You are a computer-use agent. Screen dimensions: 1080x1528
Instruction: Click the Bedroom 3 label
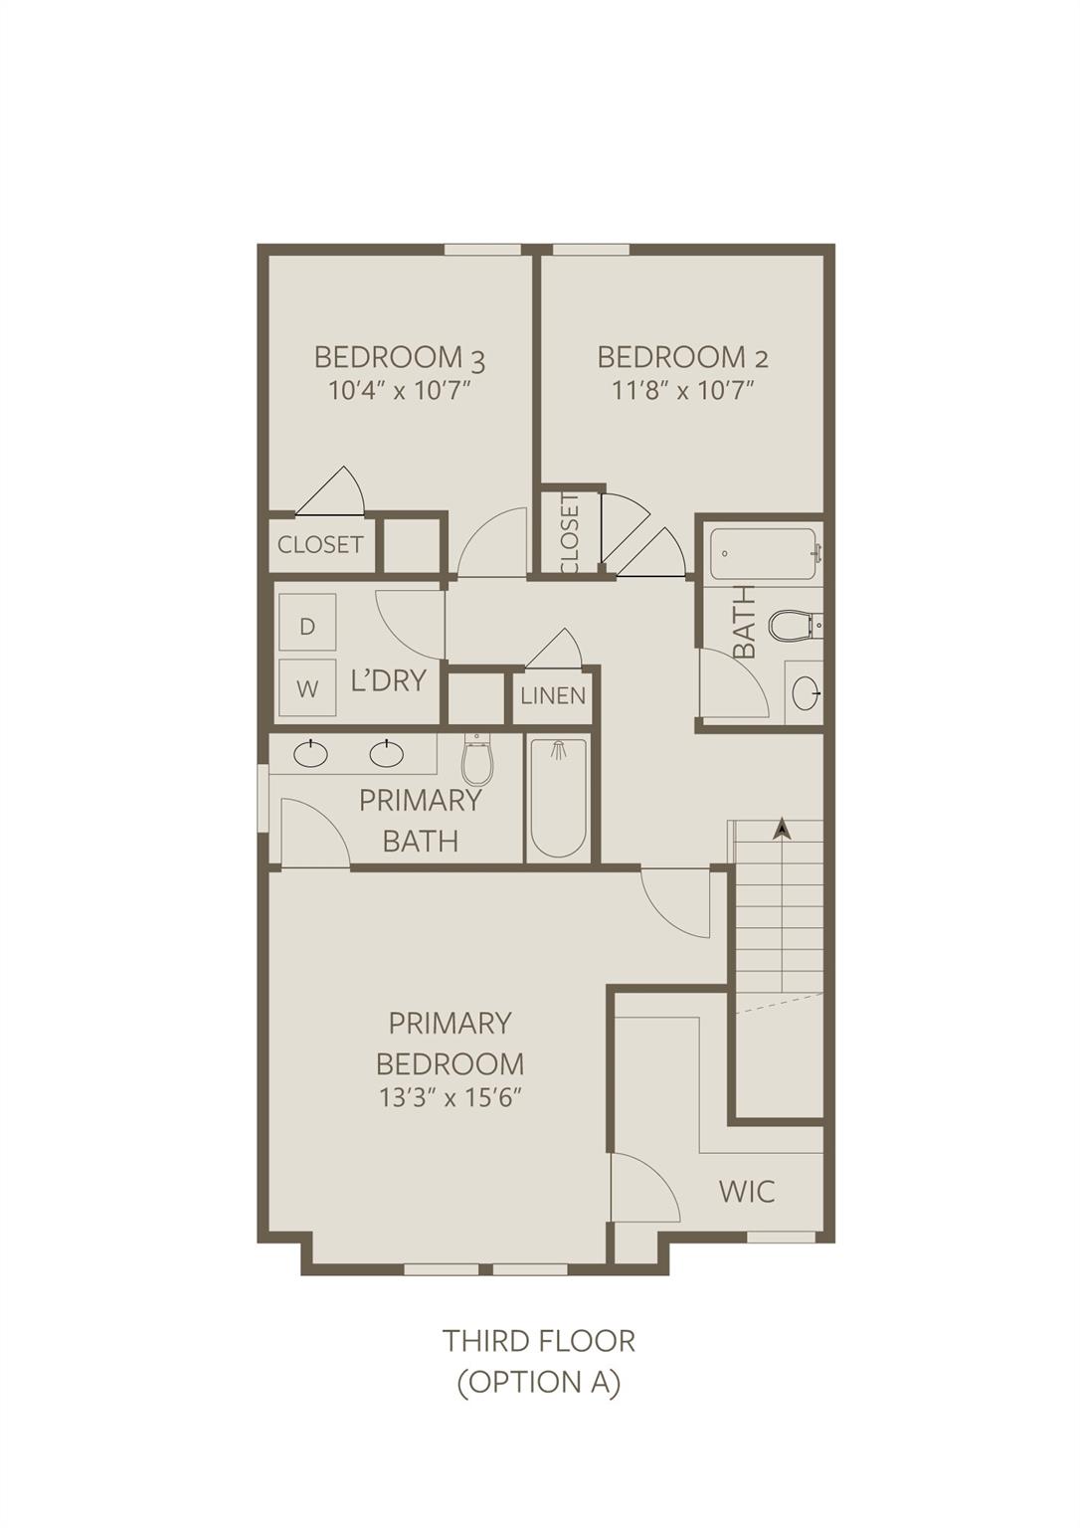point(400,357)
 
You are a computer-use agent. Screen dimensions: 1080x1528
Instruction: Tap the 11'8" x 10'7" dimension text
point(683,392)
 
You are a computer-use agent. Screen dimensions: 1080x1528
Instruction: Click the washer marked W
point(307,687)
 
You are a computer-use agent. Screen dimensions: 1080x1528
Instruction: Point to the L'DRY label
point(388,680)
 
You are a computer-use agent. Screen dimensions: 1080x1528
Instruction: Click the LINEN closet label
point(553,695)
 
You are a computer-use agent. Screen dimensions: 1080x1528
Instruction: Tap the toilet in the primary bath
point(477,759)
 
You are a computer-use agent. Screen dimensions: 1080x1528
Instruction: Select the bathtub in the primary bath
point(559,798)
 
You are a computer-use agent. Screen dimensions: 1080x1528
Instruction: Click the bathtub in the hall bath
point(765,553)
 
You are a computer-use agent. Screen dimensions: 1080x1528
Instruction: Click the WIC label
point(747,1191)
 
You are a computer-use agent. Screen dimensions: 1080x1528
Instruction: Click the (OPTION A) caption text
point(538,1382)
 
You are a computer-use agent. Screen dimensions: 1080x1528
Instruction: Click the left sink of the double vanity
point(311,754)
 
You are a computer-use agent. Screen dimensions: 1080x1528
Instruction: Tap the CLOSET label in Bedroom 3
point(320,544)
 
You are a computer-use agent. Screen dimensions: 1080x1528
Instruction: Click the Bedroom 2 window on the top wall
point(591,250)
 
